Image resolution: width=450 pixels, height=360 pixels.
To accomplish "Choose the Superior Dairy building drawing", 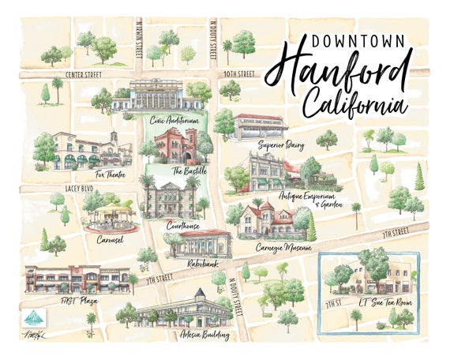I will (x=260, y=126).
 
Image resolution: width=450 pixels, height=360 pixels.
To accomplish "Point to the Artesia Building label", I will (x=204, y=335).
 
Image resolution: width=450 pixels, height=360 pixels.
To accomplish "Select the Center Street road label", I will (x=84, y=74).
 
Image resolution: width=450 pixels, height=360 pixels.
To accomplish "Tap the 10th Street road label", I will (x=238, y=74).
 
